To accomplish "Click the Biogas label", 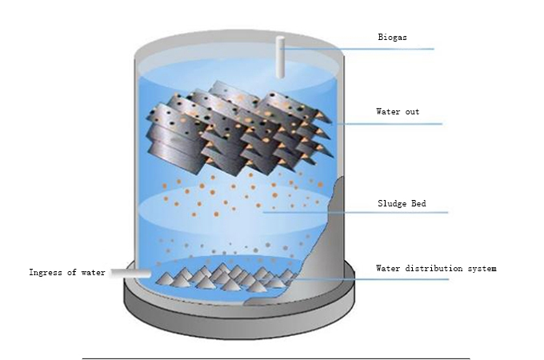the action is (x=392, y=37).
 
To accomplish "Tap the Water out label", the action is (x=398, y=112).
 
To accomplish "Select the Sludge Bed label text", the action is (x=402, y=203).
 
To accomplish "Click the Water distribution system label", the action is (x=436, y=269).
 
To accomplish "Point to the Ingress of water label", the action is (x=67, y=273).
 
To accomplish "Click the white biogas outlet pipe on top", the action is (x=280, y=57).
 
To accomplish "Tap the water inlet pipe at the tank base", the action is (x=130, y=274).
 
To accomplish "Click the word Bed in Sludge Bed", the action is (x=418, y=203).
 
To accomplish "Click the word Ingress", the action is (x=45, y=273).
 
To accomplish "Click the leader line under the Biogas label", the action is (x=357, y=49).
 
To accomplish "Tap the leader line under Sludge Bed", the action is (x=355, y=212).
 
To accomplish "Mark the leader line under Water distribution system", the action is (x=371, y=279).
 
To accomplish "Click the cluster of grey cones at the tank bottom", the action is (x=226, y=278).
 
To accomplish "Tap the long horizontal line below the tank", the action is (x=276, y=358).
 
